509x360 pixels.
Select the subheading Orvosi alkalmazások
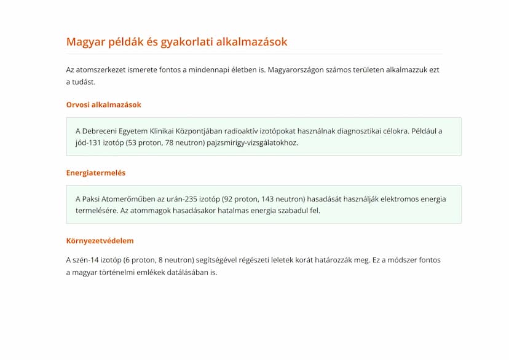[103, 104]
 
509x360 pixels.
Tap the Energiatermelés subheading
[95, 173]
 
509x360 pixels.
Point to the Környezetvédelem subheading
[100, 241]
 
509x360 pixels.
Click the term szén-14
[85, 260]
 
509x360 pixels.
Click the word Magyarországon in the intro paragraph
[298, 70]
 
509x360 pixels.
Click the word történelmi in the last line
[113, 272]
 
